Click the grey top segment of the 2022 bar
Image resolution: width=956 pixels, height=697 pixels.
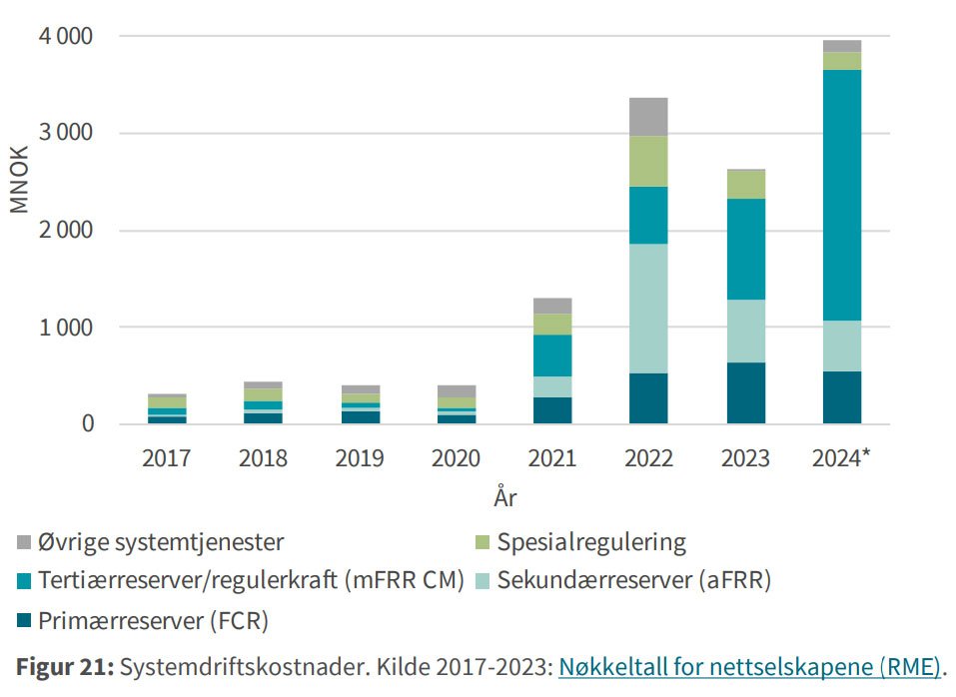pos(647,117)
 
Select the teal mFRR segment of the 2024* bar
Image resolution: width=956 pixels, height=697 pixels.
pos(841,195)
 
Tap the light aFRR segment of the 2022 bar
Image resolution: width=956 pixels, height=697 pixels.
pos(647,309)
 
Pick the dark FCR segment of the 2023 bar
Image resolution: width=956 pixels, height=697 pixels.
pos(744,393)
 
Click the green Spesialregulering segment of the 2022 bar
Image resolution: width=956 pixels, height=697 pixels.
pos(647,162)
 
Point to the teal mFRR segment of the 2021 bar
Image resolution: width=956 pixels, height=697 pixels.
pos(551,355)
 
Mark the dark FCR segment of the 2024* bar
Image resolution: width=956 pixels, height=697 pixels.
pos(841,397)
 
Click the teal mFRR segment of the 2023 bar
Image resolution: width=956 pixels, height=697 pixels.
pos(744,250)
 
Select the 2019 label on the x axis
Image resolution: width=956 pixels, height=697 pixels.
pos(358,458)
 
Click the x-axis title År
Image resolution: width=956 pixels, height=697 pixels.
pos(504,496)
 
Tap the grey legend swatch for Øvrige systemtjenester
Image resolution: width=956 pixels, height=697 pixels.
pos(24,543)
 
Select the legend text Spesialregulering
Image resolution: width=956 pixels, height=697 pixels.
pos(591,543)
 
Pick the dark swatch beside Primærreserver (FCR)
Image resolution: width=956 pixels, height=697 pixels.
pos(24,622)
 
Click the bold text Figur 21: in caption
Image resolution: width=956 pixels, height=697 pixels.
pos(62,666)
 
